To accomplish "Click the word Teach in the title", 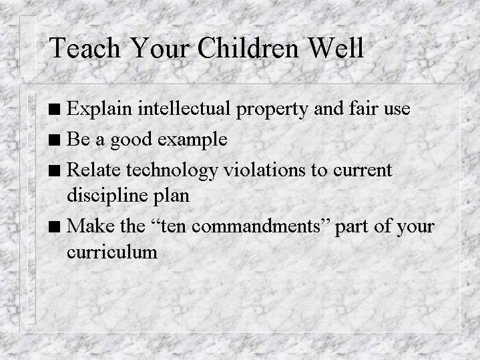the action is (85, 47).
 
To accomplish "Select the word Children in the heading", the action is (248, 47).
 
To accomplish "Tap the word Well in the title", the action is (336, 47).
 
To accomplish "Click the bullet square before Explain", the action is (54, 109).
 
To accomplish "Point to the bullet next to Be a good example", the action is (54, 140).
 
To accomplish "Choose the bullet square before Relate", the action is (54, 170).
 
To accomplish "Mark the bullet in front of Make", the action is (54, 226).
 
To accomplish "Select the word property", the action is (272, 110).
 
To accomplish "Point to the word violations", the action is (264, 170).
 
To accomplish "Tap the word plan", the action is (171, 196).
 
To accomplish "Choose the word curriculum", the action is (112, 252).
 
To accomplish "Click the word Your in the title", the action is (160, 47).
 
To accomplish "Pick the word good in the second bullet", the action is (132, 141).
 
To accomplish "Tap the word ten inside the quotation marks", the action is (174, 226).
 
